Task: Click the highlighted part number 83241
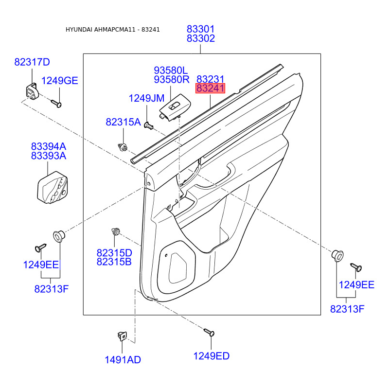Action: [210, 88]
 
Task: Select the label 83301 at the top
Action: [201, 30]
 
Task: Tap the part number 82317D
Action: [32, 62]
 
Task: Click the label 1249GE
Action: [59, 81]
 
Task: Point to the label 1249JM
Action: [146, 99]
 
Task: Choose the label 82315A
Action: [123, 122]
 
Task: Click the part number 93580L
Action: [171, 71]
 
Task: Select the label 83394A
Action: [49, 146]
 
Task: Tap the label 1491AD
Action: [123, 360]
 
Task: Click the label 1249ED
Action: [211, 356]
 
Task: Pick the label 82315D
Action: [114, 253]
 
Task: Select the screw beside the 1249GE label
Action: [55, 103]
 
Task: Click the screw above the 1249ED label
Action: [209, 333]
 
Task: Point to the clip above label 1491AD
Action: [122, 336]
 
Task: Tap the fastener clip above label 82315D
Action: [116, 231]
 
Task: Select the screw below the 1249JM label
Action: [149, 126]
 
